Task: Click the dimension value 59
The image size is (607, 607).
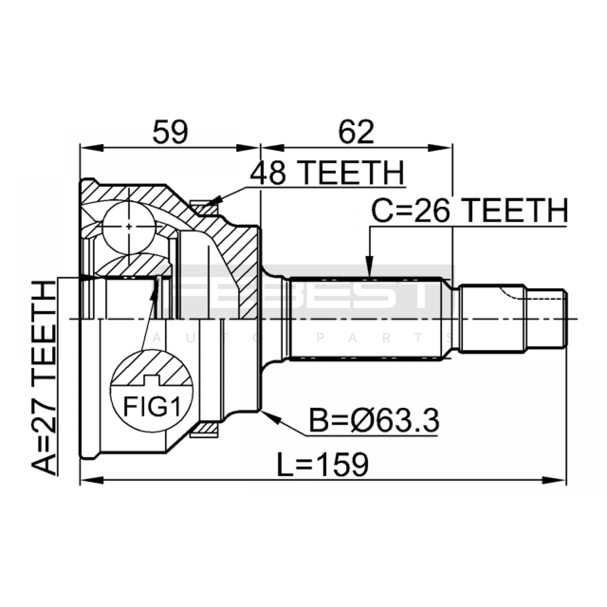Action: tap(170, 132)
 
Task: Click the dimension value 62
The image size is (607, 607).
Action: tap(356, 132)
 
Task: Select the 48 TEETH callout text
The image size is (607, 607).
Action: tap(327, 173)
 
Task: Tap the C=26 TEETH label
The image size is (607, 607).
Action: tap(469, 211)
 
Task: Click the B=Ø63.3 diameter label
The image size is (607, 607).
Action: tap(374, 420)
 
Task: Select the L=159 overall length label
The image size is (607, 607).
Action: tap(322, 464)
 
